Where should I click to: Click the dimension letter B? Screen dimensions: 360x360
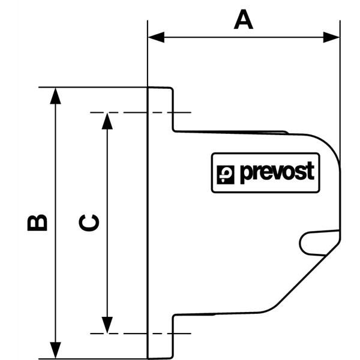pos(38,221)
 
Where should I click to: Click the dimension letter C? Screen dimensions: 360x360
pos(89,223)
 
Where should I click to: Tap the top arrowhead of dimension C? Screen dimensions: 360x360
pos(107,121)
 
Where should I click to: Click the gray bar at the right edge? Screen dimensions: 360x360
pos(343,198)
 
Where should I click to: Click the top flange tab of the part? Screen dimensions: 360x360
pos(161,108)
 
